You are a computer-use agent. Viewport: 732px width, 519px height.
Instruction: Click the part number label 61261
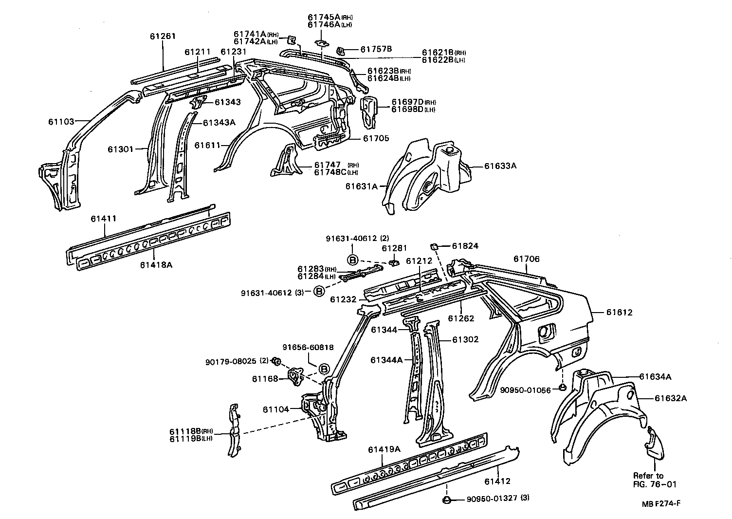click(163, 36)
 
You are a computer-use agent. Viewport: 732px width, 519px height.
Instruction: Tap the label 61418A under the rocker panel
click(156, 265)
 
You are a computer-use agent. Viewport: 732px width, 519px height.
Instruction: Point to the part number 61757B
click(376, 49)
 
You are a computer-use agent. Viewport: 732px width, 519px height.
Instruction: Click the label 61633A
click(500, 166)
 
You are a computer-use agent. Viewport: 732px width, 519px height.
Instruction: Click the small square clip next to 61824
click(435, 245)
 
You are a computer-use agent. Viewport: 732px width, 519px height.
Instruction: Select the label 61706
click(527, 259)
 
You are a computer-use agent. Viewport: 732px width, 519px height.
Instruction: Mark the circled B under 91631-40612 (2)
click(353, 259)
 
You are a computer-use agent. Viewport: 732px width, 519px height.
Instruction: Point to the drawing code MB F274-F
click(659, 503)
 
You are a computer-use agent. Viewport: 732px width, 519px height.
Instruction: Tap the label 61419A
click(384, 449)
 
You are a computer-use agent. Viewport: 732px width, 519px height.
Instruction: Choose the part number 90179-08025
click(230, 361)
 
